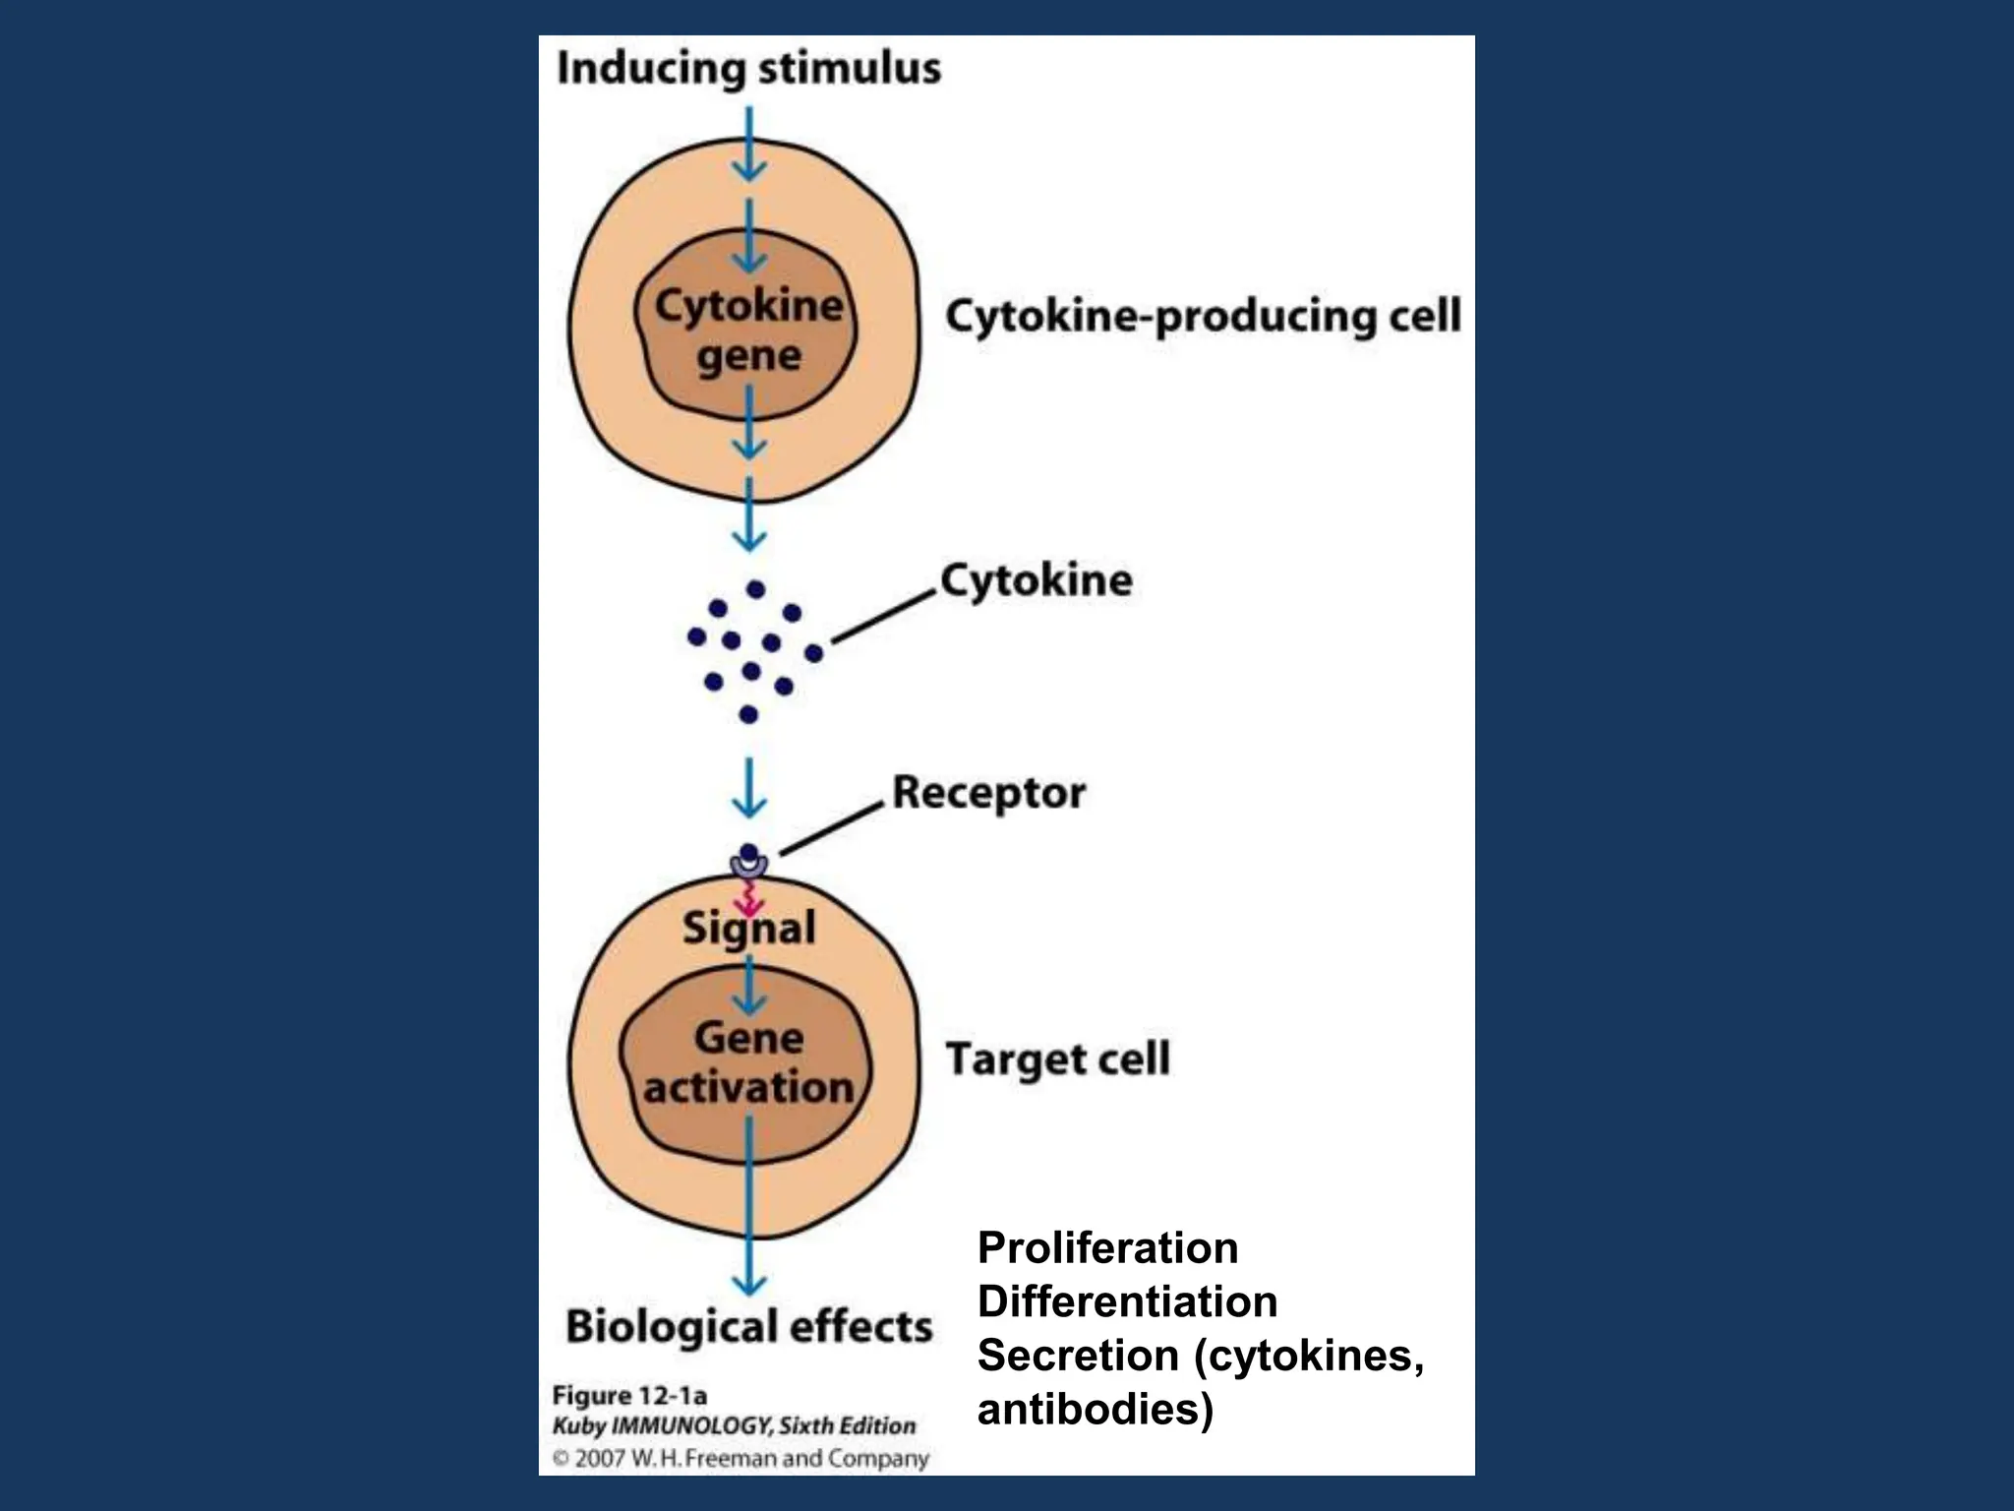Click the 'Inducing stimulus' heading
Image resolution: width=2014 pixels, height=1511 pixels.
coord(748,69)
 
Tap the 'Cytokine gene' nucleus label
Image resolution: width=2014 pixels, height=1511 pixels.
coord(748,330)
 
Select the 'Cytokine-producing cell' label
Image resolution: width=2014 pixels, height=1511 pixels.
coord(1202,317)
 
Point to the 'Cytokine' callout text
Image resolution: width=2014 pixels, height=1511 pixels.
coord(1036,579)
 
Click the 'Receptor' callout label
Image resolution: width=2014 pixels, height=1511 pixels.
coord(988,793)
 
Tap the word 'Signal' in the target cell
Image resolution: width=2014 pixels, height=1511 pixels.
coord(748,928)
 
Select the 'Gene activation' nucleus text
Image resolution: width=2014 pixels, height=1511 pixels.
coord(748,1062)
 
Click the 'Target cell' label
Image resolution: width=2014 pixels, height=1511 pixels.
coord(1057,1059)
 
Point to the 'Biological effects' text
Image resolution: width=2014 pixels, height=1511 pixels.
coord(748,1326)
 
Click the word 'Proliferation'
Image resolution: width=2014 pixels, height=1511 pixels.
coord(1107,1248)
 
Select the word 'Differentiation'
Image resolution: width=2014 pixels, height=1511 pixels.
coord(1127,1302)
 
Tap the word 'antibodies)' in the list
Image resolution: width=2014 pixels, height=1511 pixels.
coord(1095,1410)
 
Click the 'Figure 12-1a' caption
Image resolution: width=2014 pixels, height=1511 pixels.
coord(629,1395)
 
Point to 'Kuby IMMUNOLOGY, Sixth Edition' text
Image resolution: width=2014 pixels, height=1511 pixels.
coord(734,1425)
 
